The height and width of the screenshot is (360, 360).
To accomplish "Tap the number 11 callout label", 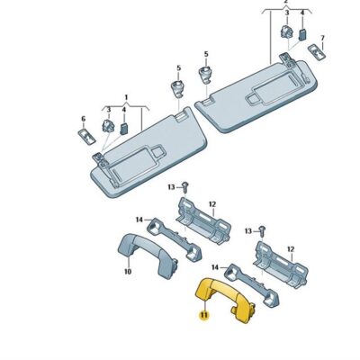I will [x=204, y=315].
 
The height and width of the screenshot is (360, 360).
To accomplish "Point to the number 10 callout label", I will [x=128, y=271].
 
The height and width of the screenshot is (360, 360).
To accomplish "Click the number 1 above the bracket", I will [x=126, y=95].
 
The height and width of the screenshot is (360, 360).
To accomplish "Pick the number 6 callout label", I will [x=83, y=119].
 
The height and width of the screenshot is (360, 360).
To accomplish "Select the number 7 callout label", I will [x=324, y=40].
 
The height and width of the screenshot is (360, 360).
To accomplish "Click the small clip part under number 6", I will [x=86, y=133].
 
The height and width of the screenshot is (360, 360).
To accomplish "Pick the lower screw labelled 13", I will [x=262, y=231].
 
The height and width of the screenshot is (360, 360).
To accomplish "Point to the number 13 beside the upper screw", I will [x=170, y=185].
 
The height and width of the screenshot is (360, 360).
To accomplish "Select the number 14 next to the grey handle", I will [x=139, y=219].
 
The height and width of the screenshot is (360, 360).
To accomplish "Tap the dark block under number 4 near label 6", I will [x=123, y=127].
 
